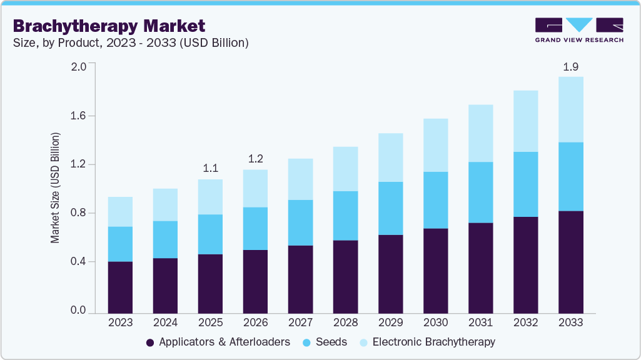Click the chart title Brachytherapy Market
pyautogui.click(x=108, y=26)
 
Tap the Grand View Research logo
pyautogui.click(x=579, y=30)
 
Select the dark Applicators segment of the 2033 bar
pyautogui.click(x=570, y=262)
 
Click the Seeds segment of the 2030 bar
pyautogui.click(x=435, y=200)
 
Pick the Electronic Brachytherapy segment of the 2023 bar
pyautogui.click(x=120, y=212)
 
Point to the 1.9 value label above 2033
pyautogui.click(x=570, y=67)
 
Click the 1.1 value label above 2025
pyautogui.click(x=210, y=169)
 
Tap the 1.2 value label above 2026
pyautogui.click(x=255, y=159)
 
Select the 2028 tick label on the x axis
pyautogui.click(x=345, y=323)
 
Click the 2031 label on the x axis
pyautogui.click(x=480, y=323)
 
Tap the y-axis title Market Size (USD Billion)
pyautogui.click(x=56, y=187)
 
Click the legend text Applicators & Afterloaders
pyautogui.click(x=225, y=342)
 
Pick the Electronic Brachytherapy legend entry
pyautogui.click(x=433, y=342)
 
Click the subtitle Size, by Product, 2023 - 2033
pyautogui.click(x=131, y=42)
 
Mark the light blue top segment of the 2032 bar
pyautogui.click(x=525, y=121)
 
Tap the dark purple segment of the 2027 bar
pyautogui.click(x=300, y=279)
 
